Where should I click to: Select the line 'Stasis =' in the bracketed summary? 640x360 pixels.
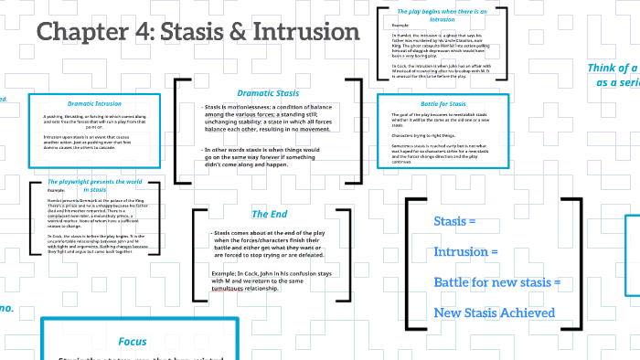tap(455, 222)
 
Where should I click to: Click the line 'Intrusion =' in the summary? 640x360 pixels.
tap(465, 251)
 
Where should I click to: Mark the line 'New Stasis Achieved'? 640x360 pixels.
tap(494, 313)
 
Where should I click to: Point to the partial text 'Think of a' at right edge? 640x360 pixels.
tap(613, 69)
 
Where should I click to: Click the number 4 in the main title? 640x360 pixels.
tap(144, 33)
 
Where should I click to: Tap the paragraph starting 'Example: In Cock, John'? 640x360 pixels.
tap(271, 278)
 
